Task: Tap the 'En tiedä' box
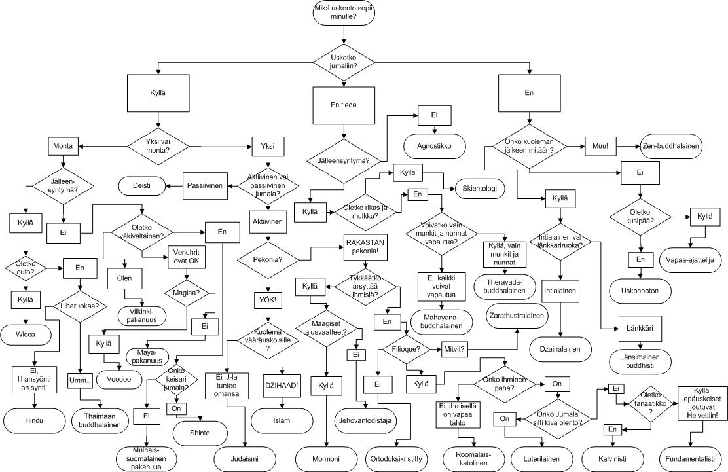point(344,104)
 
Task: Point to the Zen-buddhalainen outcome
point(670,147)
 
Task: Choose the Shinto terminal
point(200,432)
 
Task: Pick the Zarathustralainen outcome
point(517,316)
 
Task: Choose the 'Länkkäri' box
point(638,327)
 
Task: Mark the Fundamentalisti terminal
point(693,456)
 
